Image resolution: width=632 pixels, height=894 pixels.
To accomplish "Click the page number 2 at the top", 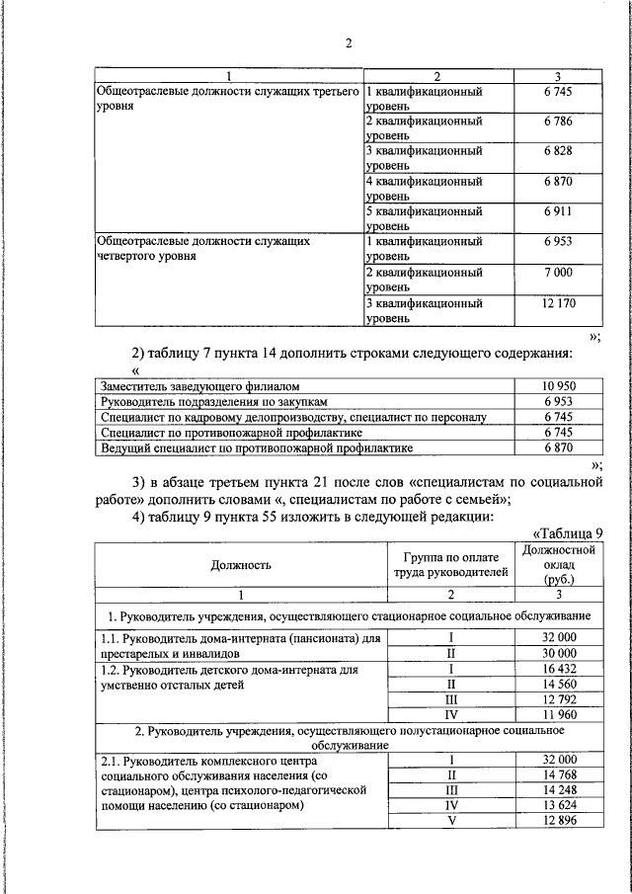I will [348, 42].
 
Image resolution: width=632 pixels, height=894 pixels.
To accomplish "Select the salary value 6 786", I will [558, 122].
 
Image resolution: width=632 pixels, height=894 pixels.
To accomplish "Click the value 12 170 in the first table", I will [558, 303].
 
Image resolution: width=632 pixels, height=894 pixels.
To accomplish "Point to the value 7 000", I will [558, 272].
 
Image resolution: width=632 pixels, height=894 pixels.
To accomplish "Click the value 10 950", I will [558, 386].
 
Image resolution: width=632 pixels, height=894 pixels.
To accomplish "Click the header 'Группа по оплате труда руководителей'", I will [449, 564].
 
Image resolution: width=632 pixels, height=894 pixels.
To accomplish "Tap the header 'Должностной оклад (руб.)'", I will [559, 565].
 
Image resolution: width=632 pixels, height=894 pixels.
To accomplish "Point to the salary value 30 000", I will [559, 653].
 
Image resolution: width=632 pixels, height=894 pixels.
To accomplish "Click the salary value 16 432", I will [559, 669].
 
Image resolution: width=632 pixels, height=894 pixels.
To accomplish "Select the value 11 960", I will [559, 714].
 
